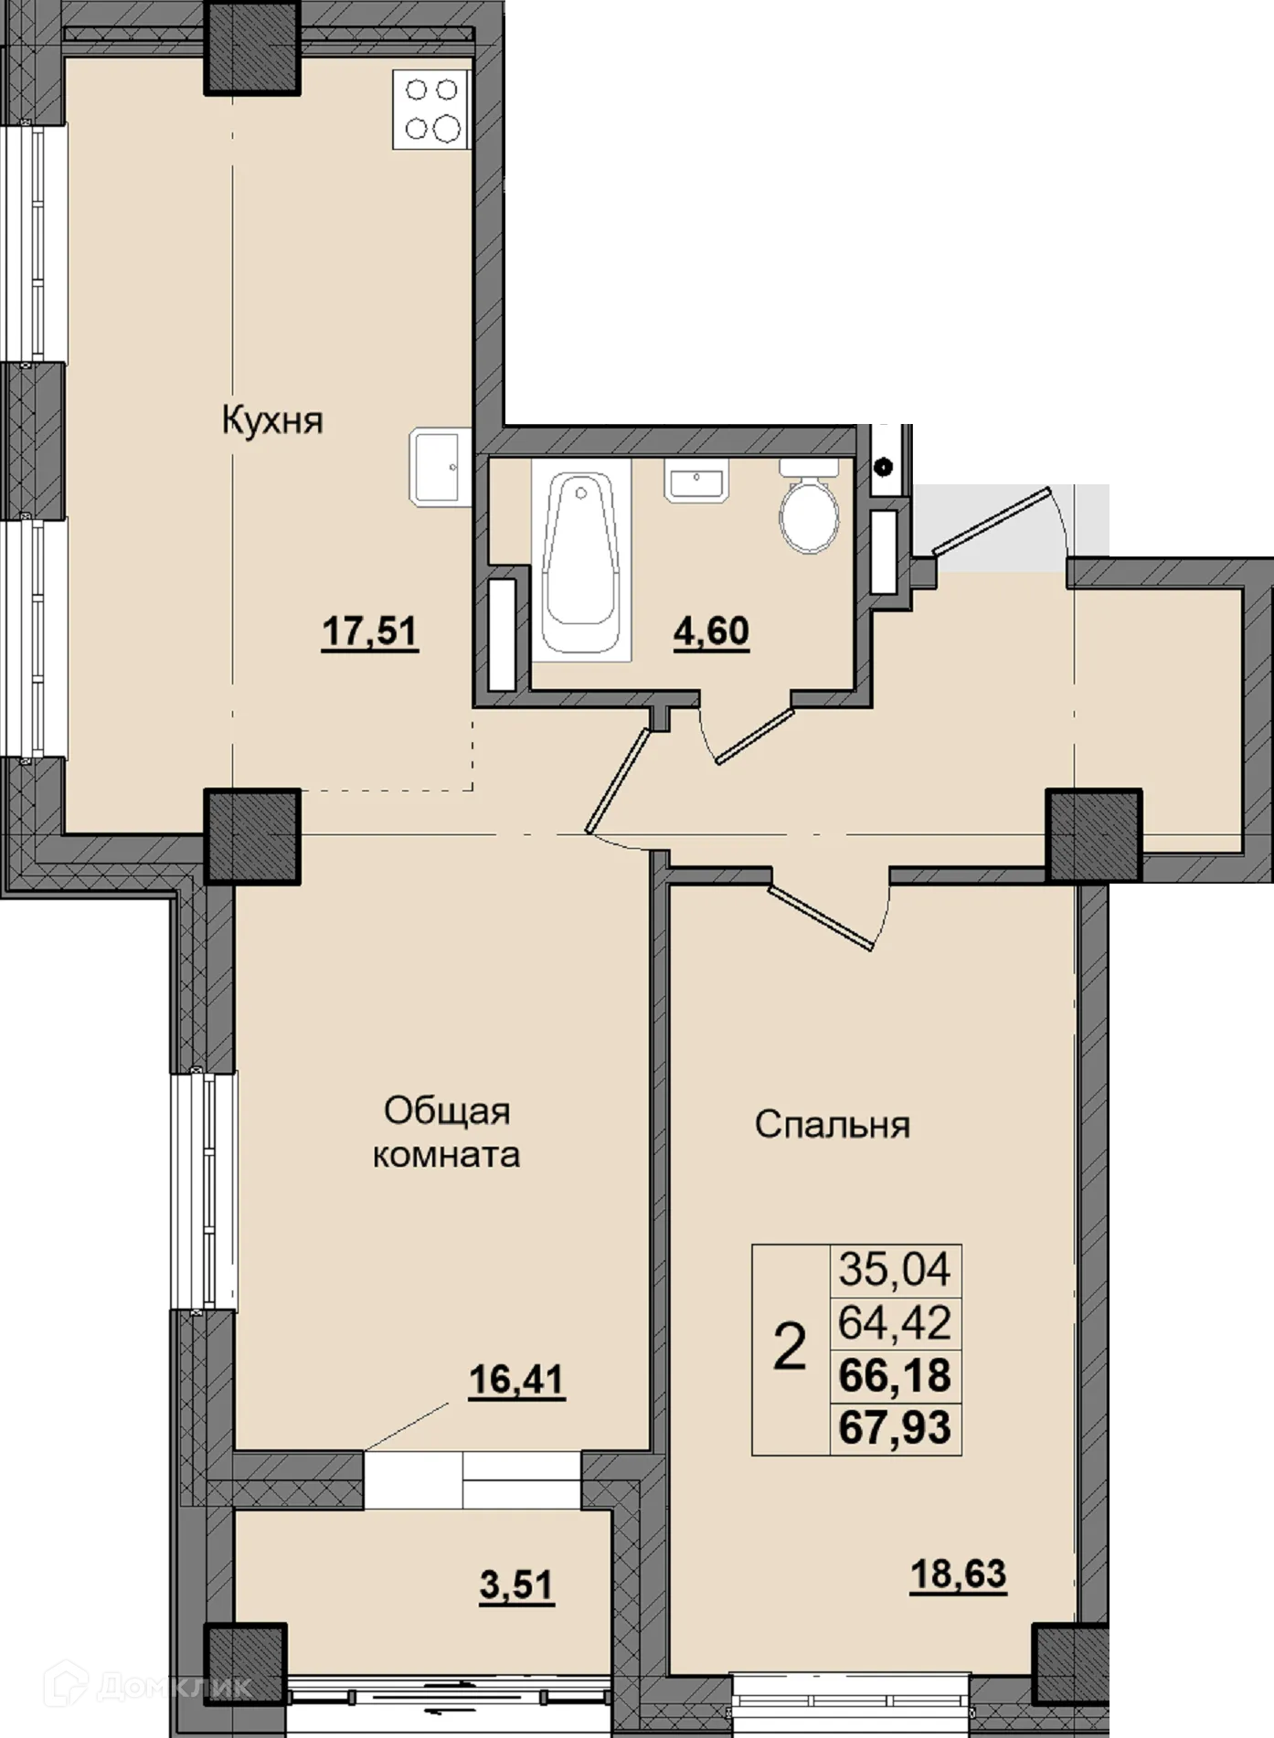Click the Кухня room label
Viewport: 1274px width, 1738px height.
272,421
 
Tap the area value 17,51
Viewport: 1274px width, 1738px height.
369,631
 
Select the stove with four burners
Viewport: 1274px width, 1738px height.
431,109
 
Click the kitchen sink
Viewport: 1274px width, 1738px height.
435,468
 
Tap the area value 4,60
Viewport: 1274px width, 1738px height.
711,631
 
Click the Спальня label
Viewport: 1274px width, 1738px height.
832,1125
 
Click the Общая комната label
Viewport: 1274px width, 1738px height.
446,1133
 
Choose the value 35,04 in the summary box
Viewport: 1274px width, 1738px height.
895,1269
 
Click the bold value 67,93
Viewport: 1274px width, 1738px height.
895,1427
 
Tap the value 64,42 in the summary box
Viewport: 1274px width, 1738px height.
895,1322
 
